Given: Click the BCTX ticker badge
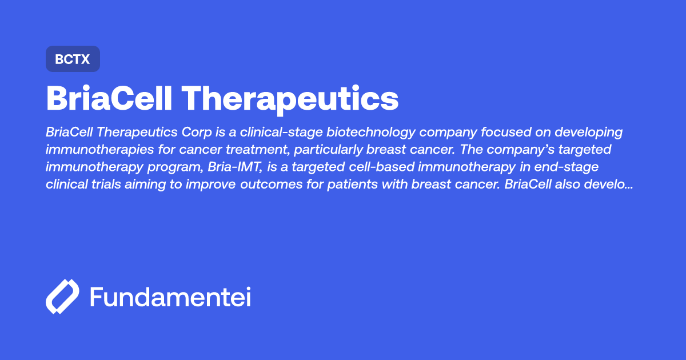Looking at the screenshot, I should (x=73, y=59).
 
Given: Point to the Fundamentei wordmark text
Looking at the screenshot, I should (x=170, y=297).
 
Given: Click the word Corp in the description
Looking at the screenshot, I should (x=198, y=133).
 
